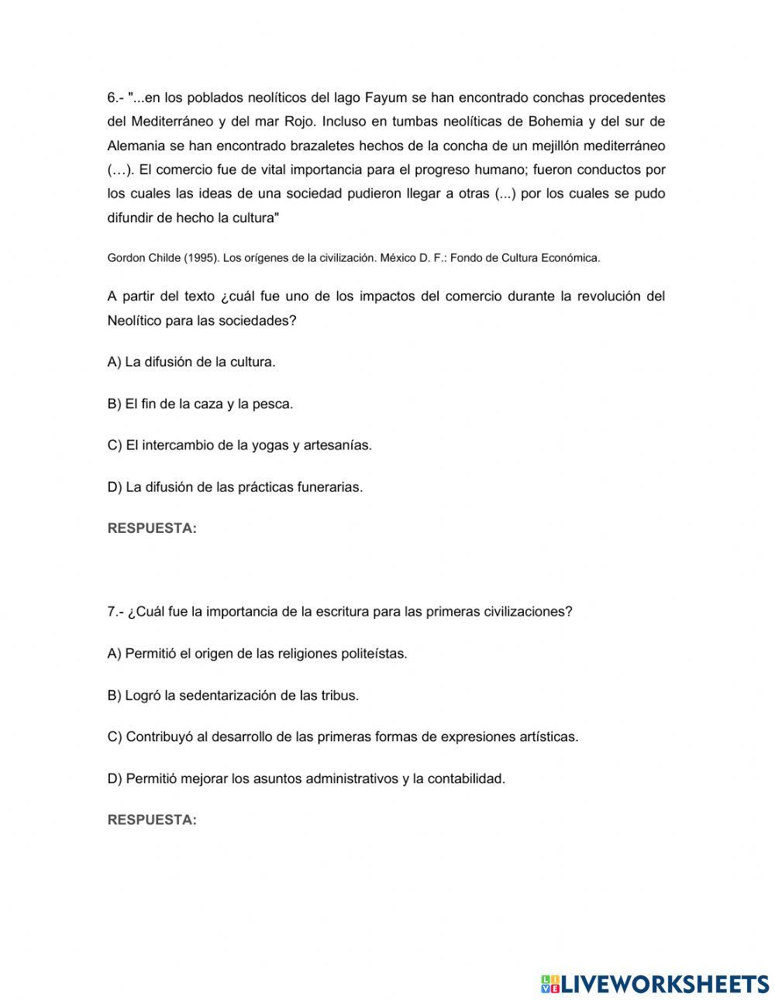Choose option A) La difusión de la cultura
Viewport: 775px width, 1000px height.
pyautogui.click(x=191, y=362)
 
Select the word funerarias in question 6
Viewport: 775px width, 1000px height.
pyautogui.click(x=330, y=487)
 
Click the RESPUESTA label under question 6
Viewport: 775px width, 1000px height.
pyautogui.click(x=152, y=528)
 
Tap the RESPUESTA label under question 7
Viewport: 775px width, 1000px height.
pyautogui.click(x=152, y=820)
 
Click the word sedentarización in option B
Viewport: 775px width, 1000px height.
pyautogui.click(x=226, y=695)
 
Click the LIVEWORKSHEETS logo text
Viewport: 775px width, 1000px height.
pyautogui.click(x=663, y=984)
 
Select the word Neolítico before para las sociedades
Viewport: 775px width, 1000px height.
pyautogui.click(x=135, y=320)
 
